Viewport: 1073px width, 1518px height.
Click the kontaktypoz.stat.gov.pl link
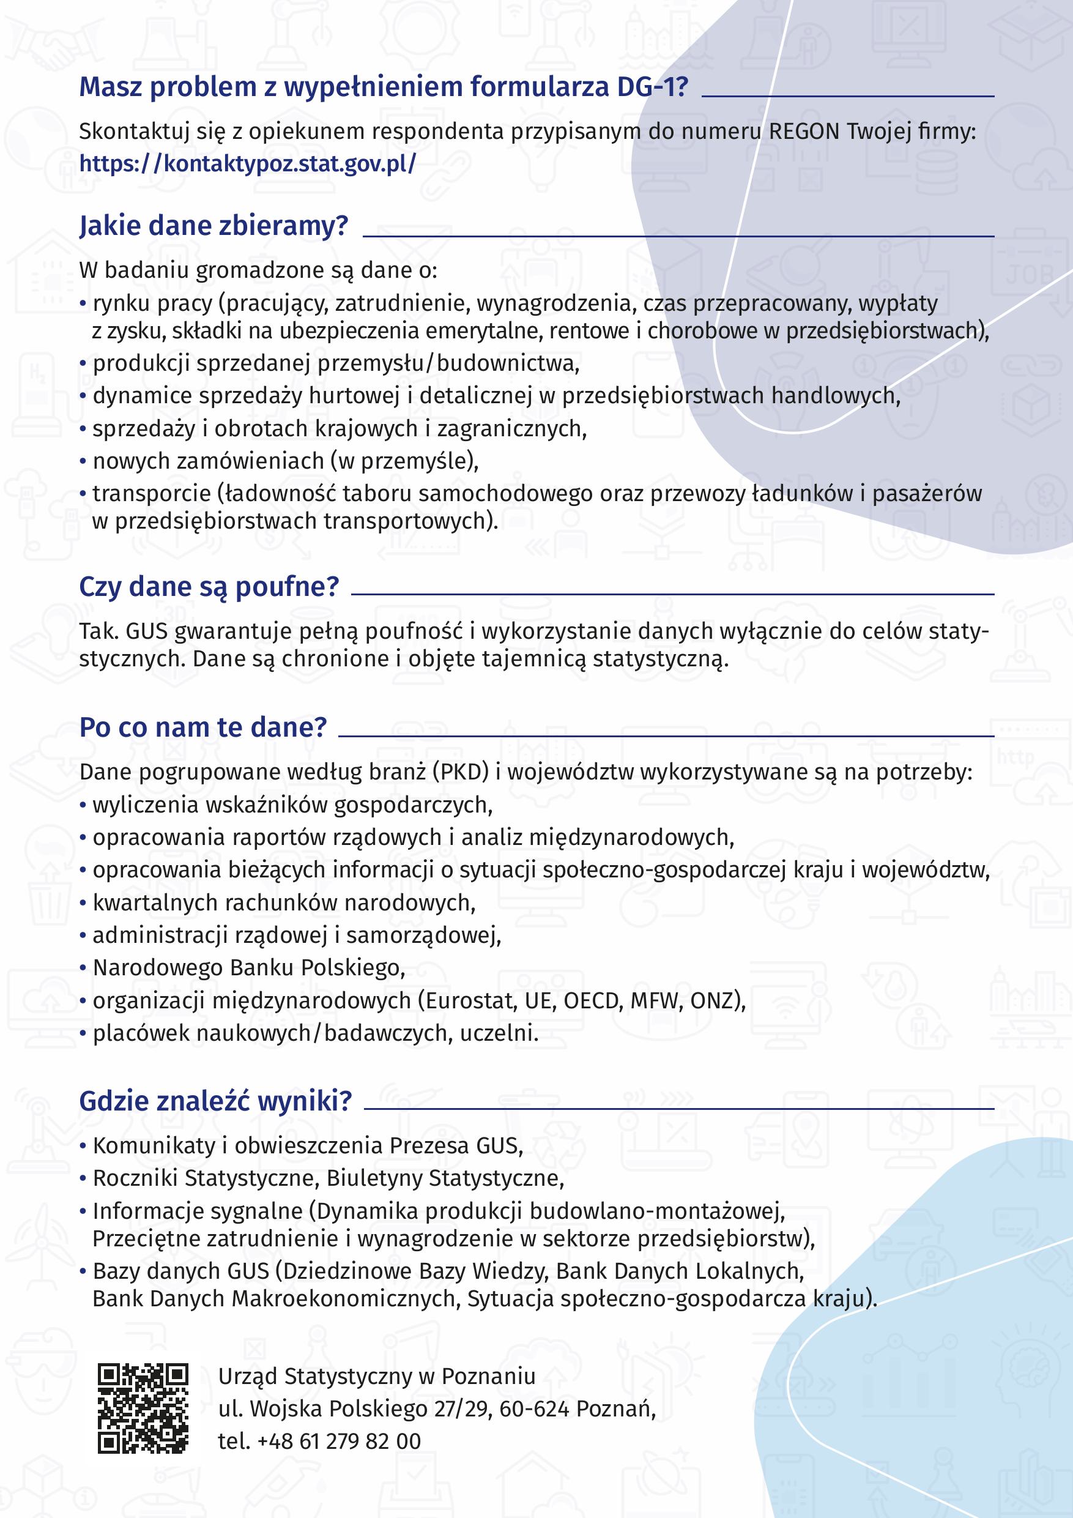coord(247,163)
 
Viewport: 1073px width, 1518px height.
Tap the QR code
coord(143,1408)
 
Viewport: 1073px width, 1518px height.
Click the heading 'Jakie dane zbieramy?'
coord(213,226)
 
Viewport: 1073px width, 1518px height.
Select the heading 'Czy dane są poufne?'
coord(209,586)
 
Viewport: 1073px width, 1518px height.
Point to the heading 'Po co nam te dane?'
coord(203,727)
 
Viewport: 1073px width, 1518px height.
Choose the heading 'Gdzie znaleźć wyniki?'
coord(215,1101)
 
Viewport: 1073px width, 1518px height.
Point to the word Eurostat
coord(470,1001)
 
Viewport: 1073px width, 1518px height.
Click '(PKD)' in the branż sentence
coord(461,772)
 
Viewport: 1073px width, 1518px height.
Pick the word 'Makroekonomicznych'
coord(343,1298)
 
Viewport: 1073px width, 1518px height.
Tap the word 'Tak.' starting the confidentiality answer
coord(99,631)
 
